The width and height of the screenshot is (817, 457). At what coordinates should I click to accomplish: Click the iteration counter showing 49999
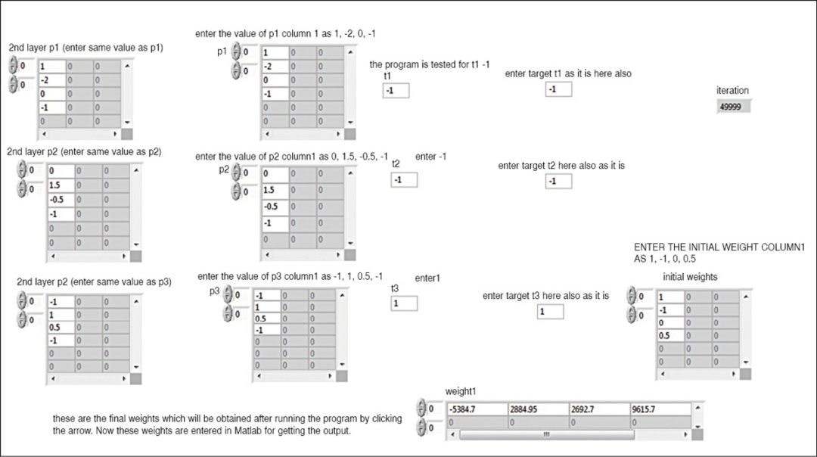[734, 107]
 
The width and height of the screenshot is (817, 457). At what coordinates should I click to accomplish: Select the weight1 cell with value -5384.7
[477, 409]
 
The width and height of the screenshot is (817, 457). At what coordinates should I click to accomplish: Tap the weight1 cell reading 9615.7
[660, 409]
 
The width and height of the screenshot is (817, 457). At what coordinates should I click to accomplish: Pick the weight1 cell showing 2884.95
[539, 409]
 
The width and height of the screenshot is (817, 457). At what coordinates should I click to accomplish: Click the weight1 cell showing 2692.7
[599, 409]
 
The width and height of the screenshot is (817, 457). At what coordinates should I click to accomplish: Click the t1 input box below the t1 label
[396, 91]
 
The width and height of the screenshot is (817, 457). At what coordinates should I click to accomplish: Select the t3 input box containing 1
[404, 303]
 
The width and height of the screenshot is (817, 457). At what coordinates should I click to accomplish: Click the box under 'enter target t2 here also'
[558, 182]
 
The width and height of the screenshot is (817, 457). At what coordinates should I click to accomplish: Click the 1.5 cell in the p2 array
[275, 190]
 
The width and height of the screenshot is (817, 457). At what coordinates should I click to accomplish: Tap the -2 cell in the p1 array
[275, 66]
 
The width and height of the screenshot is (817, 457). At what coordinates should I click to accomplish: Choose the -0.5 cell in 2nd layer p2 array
[61, 200]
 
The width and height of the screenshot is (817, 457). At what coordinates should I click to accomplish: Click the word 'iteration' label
[732, 90]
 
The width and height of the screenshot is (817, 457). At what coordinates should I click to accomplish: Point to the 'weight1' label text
[461, 391]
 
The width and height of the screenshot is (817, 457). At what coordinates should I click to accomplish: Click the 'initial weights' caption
[690, 277]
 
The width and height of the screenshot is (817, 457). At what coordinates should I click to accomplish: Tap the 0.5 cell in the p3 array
[267, 319]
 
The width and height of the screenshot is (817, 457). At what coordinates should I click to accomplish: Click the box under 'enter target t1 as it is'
[558, 89]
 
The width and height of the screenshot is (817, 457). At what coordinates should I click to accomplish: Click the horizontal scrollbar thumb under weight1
[547, 434]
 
